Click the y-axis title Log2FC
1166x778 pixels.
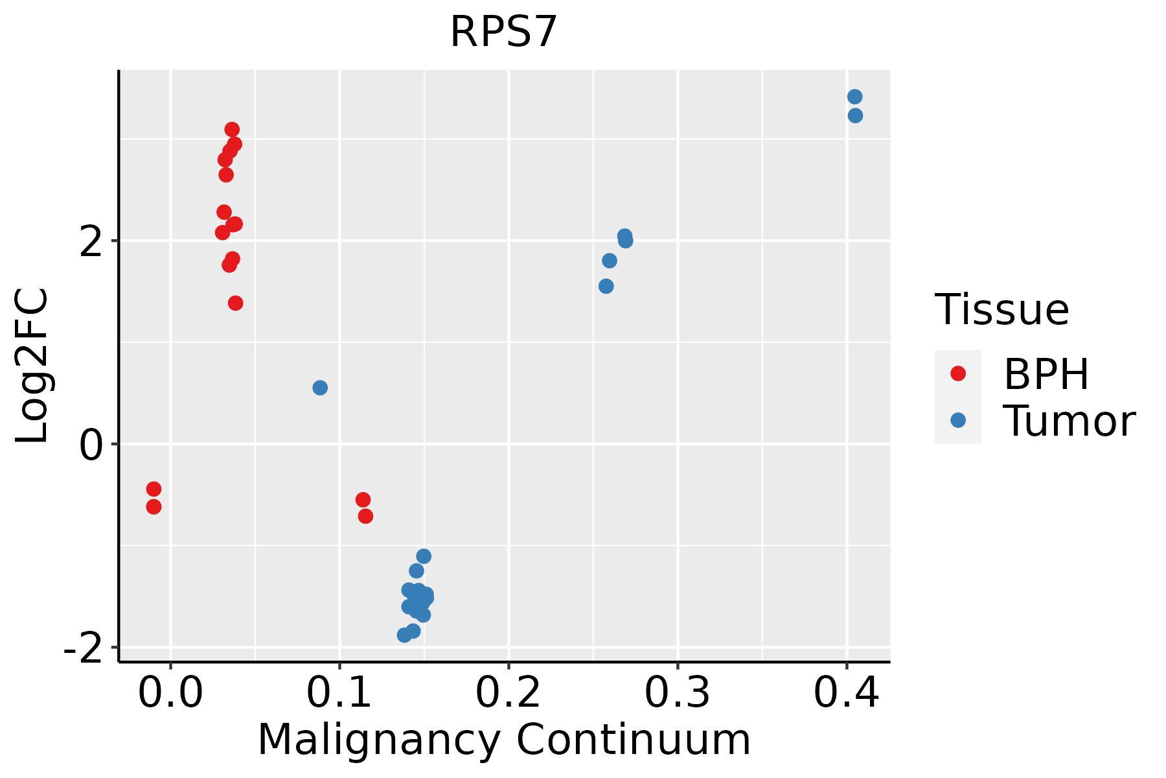tap(32, 366)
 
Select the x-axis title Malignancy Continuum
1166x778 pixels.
tap(503, 740)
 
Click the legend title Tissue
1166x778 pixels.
tap(1002, 310)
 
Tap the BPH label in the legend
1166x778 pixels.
tap(1046, 374)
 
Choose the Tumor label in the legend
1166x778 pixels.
tap(1069, 421)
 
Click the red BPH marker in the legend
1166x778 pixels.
tap(957, 373)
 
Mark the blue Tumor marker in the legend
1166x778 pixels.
tap(957, 420)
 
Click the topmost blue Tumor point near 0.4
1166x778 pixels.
tap(854, 97)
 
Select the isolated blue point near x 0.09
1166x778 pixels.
tap(320, 388)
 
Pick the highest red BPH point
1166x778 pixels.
tap(232, 130)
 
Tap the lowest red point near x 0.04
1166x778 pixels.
tap(236, 303)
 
